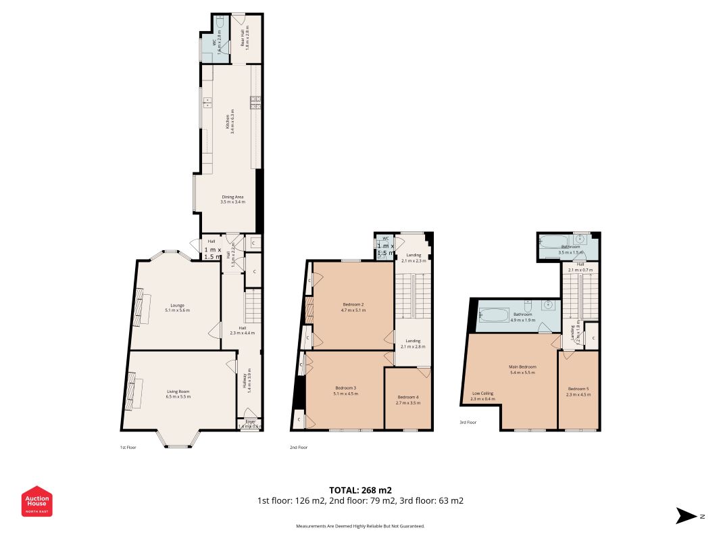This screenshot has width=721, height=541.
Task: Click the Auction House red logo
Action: pos(37,501)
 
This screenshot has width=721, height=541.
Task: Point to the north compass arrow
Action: pos(689,516)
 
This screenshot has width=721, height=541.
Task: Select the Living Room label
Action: pos(179,394)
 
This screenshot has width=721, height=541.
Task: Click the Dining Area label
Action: pos(232,199)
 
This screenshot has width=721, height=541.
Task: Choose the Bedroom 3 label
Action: pos(345,390)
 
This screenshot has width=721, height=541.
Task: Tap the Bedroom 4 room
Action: pos(408,399)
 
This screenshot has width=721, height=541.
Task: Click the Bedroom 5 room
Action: pos(578,391)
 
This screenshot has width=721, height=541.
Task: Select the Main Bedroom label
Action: pos(522,370)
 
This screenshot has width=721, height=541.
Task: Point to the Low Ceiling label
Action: pos(482,396)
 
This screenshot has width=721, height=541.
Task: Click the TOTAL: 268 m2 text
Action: pos(360,490)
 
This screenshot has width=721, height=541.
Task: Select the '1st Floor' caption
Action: pos(128,447)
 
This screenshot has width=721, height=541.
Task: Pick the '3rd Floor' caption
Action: pos(467,422)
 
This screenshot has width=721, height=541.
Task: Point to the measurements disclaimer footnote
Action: pos(360,526)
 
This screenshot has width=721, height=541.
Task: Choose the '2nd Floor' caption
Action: pos(299,447)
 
